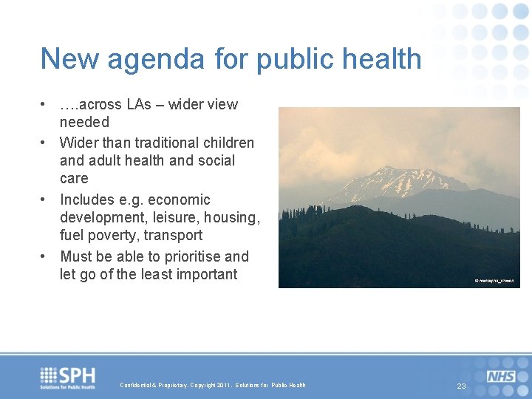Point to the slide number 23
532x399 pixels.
coord(461,386)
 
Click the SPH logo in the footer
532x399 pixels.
coord(68,377)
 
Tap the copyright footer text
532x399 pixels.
coord(213,385)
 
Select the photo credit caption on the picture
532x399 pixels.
coord(494,281)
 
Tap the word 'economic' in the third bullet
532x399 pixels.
coord(174,199)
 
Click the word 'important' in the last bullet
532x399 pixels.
coord(202,274)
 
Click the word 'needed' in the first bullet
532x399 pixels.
coord(84,122)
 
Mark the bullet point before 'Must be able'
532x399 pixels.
coord(45,256)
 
